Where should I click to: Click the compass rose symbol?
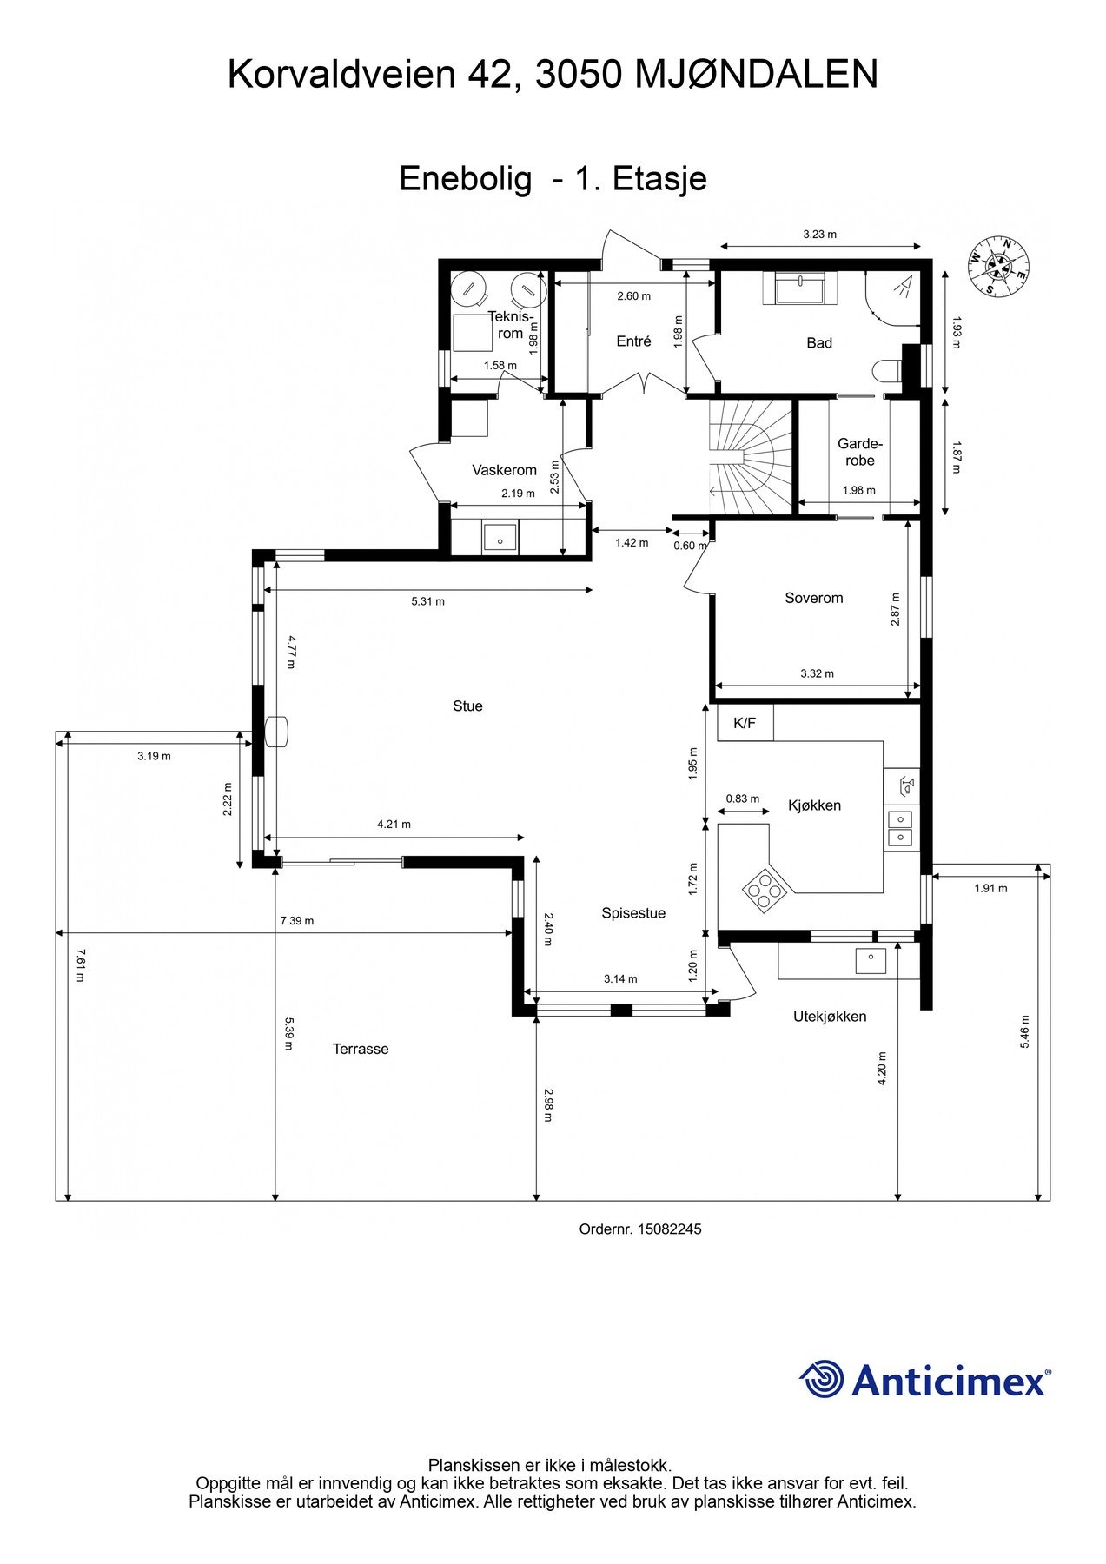[x=999, y=266]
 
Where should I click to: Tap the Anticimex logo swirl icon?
[x=821, y=1379]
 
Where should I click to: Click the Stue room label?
[x=467, y=706]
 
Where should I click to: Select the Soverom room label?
[x=813, y=598]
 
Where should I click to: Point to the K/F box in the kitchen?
[x=745, y=722]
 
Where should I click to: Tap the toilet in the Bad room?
[x=885, y=371]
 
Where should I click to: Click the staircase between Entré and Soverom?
[x=751, y=456]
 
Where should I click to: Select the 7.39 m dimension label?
[x=297, y=921]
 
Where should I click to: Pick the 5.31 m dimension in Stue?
[x=427, y=601]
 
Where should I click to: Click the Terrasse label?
[x=361, y=1049]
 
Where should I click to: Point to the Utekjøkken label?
[x=830, y=1017]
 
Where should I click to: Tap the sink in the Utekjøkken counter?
[x=871, y=961]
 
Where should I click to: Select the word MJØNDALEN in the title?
[x=756, y=75]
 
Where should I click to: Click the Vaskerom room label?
[x=504, y=470]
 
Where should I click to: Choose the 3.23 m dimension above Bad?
[x=819, y=234]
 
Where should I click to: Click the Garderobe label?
[x=859, y=452]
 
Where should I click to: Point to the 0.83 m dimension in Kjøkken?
[x=743, y=799]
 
